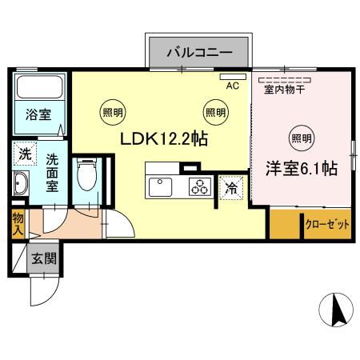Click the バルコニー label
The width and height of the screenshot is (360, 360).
tap(198, 53)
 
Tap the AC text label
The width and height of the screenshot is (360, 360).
tap(233, 85)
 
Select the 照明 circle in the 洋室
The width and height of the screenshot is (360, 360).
tap(301, 138)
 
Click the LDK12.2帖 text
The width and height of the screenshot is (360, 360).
tap(164, 138)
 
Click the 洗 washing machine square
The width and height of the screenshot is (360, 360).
tap(24, 152)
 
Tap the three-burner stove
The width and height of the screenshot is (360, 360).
tap(198, 188)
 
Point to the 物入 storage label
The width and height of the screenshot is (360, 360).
tap(18, 223)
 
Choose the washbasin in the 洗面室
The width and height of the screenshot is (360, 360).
tap(22, 184)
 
